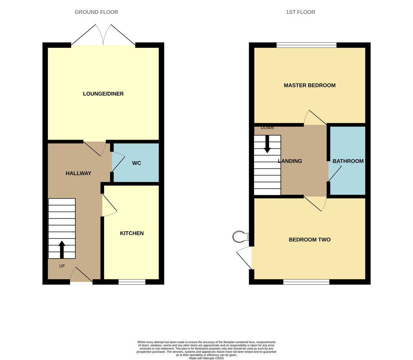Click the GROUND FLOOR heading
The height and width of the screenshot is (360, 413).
[x=96, y=12]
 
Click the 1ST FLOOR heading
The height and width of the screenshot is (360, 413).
[x=300, y=12]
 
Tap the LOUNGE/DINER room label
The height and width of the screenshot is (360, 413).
[x=103, y=94]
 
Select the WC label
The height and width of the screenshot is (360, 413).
[x=136, y=163]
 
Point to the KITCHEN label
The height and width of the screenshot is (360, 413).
[x=132, y=233]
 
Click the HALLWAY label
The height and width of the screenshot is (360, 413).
[x=78, y=173]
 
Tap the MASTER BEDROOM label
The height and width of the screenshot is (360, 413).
[x=310, y=85]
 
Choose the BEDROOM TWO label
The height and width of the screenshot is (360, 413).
[x=310, y=240]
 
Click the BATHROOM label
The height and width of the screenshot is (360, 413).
[x=348, y=161]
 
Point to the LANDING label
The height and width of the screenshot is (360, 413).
[x=290, y=161]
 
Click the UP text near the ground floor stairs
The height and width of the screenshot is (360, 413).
[x=62, y=266]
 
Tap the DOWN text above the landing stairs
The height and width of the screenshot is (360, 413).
[x=267, y=128]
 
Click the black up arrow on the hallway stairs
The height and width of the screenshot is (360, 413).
[x=62, y=250]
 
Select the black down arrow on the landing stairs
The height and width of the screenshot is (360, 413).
[x=267, y=144]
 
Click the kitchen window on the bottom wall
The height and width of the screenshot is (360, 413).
[x=132, y=282]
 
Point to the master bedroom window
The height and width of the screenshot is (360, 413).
[x=306, y=45]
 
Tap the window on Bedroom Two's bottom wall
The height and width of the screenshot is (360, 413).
[x=306, y=282]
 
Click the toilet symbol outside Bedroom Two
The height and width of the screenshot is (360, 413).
[x=241, y=236]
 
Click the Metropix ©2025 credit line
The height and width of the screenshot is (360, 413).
[x=206, y=358]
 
